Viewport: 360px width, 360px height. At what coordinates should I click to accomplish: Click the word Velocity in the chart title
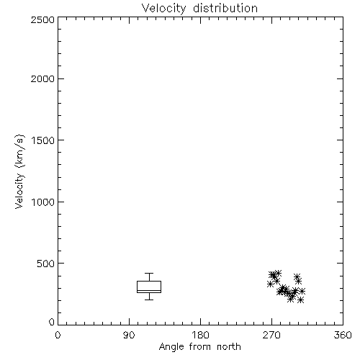pyautogui.click(x=164, y=9)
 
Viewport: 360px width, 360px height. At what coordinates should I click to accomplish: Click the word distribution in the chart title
pyautogui.click(x=225, y=8)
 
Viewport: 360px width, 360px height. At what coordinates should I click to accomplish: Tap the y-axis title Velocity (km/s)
pyautogui.click(x=19, y=171)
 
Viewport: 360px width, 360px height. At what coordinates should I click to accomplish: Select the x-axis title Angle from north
pyautogui.click(x=199, y=346)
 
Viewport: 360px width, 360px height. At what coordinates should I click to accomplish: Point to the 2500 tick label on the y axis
pyautogui.click(x=42, y=19)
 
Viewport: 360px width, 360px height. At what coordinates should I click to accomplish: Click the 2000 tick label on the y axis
pyautogui.click(x=42, y=78)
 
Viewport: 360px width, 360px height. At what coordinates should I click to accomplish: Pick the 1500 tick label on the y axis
pyautogui.click(x=43, y=140)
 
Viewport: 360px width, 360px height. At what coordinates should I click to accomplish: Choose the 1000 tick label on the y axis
pyautogui.click(x=43, y=202)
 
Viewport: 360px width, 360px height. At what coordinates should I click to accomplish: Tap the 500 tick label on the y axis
pyautogui.click(x=46, y=264)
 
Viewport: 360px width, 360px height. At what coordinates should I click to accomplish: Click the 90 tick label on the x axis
pyautogui.click(x=129, y=335)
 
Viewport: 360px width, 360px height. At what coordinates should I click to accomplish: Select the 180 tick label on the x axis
pyautogui.click(x=199, y=335)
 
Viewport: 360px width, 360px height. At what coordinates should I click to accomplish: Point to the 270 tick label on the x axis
pyautogui.click(x=271, y=335)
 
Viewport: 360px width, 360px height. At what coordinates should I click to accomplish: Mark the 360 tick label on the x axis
pyautogui.click(x=343, y=335)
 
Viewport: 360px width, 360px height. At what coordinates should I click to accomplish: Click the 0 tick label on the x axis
pyautogui.click(x=58, y=335)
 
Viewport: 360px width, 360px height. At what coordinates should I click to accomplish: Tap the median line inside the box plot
pyautogui.click(x=149, y=290)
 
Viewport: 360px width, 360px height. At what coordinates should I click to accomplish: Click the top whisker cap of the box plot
pyautogui.click(x=149, y=273)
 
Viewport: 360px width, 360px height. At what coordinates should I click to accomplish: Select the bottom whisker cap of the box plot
pyautogui.click(x=149, y=300)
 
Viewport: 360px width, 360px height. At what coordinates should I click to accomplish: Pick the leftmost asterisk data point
pyautogui.click(x=270, y=284)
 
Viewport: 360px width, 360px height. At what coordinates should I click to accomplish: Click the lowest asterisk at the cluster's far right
pyautogui.click(x=300, y=300)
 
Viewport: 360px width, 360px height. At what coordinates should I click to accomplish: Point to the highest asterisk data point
pyautogui.click(x=278, y=273)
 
